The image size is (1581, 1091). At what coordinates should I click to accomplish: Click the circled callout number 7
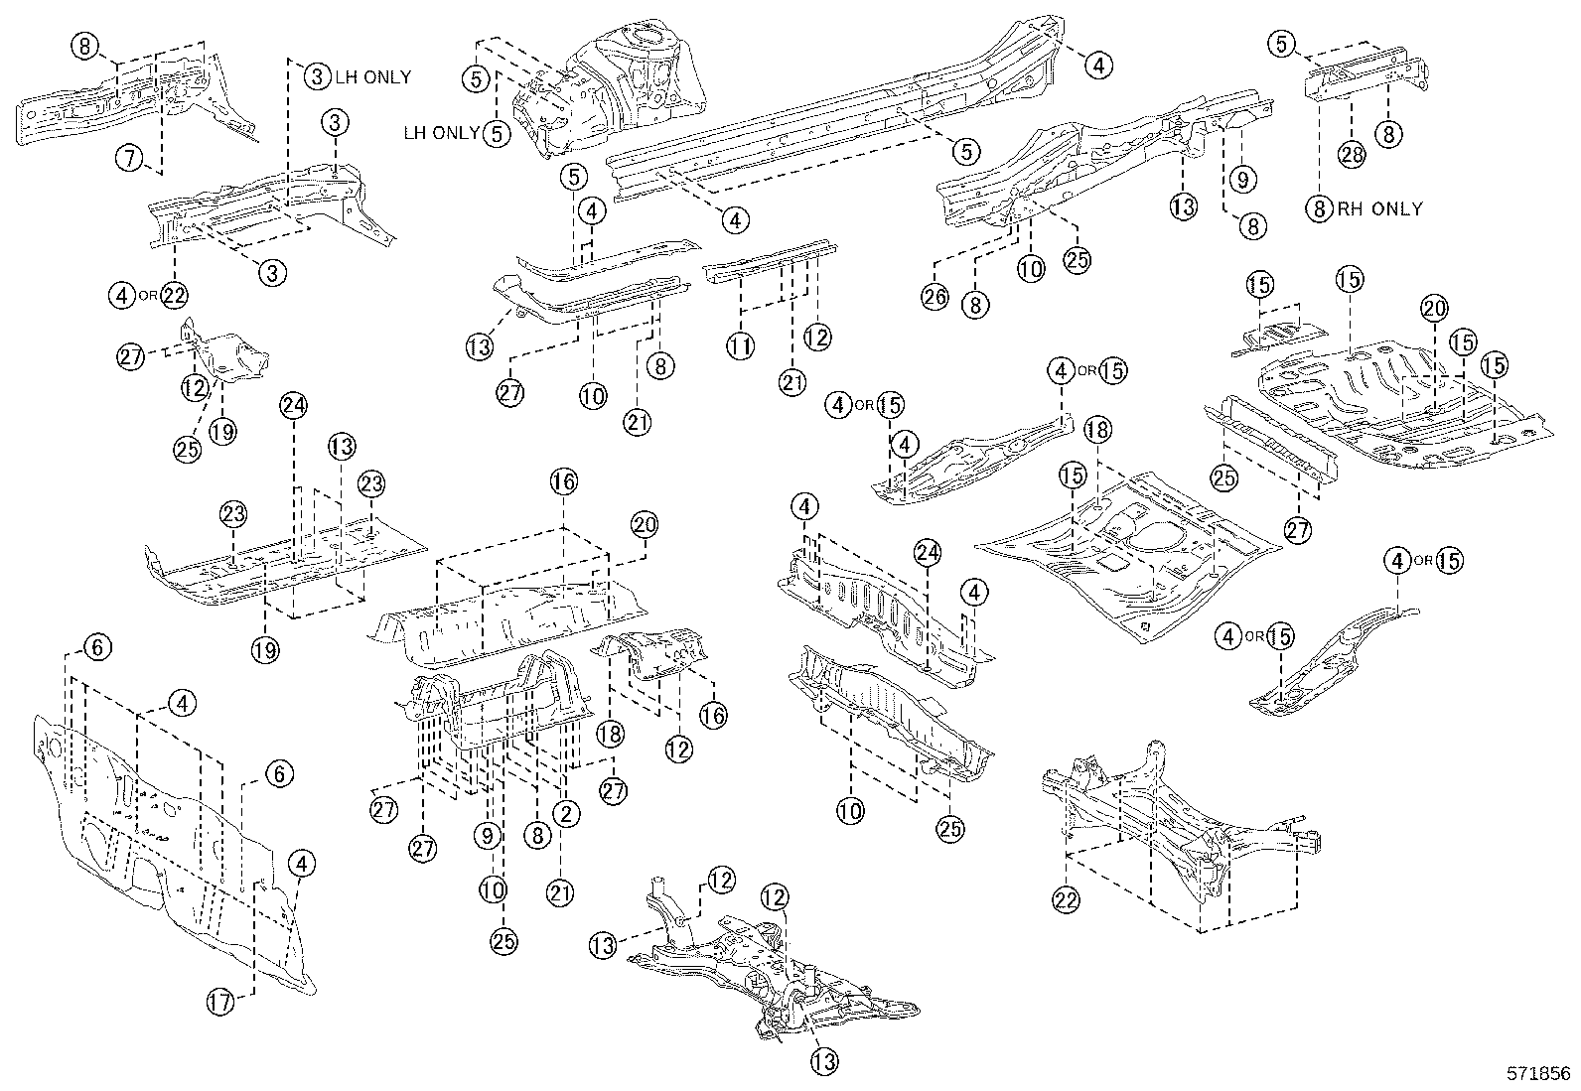[128, 156]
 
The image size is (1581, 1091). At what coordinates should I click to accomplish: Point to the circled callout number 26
[934, 297]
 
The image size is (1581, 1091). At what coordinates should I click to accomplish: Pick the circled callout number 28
[1352, 154]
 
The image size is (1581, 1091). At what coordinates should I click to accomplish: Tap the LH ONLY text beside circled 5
[441, 132]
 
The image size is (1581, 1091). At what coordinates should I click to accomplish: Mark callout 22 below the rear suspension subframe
[1068, 898]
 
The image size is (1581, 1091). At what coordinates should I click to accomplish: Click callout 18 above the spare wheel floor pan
[1097, 430]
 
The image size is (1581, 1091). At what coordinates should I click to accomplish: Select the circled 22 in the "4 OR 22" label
[175, 294]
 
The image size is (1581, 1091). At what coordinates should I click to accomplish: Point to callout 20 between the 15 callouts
[1433, 309]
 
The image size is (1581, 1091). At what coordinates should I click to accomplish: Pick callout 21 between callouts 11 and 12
[791, 381]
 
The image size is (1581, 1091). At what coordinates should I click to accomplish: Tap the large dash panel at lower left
[169, 854]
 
